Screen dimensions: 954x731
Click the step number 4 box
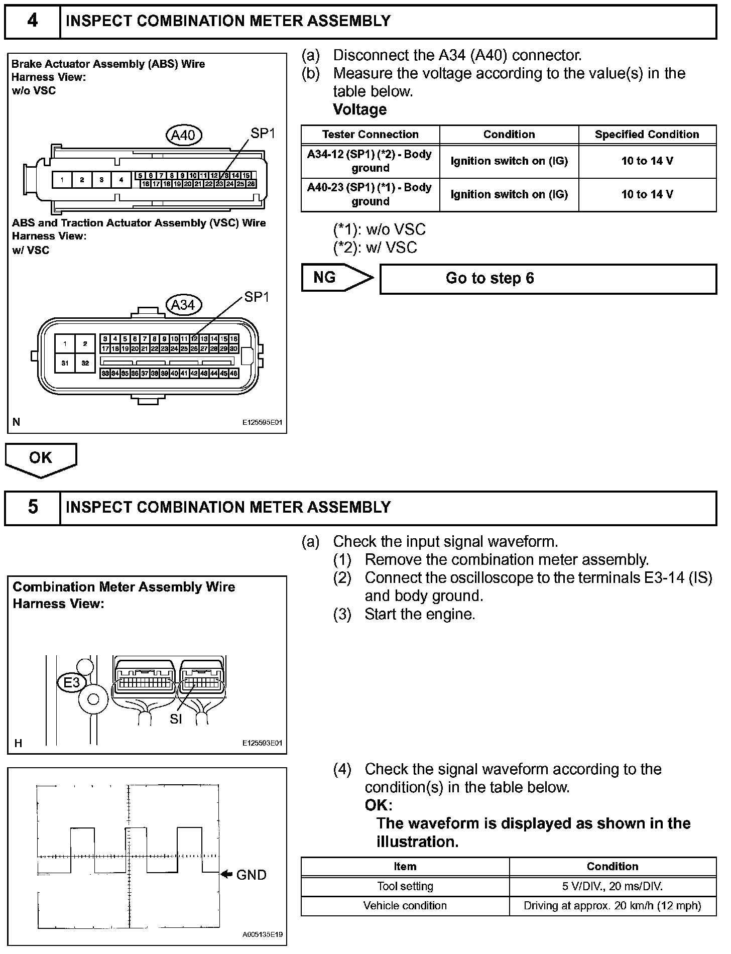pyautogui.click(x=32, y=21)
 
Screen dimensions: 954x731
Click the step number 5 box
pyautogui.click(x=32, y=507)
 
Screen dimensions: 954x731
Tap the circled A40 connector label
pyautogui.click(x=184, y=135)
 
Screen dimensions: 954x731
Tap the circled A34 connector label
pyautogui.click(x=184, y=305)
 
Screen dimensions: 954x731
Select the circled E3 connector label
pyautogui.click(x=72, y=682)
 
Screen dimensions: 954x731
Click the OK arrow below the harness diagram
pyautogui.click(x=41, y=459)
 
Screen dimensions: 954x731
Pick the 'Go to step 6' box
pyautogui.click(x=548, y=279)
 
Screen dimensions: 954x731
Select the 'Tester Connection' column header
pyautogui.click(x=370, y=135)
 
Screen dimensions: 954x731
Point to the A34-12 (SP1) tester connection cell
pyautogui.click(x=370, y=161)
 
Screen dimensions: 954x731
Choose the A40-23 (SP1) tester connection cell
pyautogui.click(x=370, y=194)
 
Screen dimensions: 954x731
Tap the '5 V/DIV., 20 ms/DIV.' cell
pyautogui.click(x=613, y=886)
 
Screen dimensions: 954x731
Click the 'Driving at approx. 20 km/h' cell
pyautogui.click(x=613, y=905)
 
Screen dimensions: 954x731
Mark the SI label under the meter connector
pyautogui.click(x=176, y=719)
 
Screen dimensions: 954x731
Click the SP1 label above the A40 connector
pyautogui.click(x=263, y=133)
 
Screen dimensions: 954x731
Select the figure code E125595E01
pyautogui.click(x=262, y=422)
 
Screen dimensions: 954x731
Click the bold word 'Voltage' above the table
pyautogui.click(x=359, y=109)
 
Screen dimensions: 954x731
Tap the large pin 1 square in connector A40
pyautogui.click(x=62, y=180)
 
